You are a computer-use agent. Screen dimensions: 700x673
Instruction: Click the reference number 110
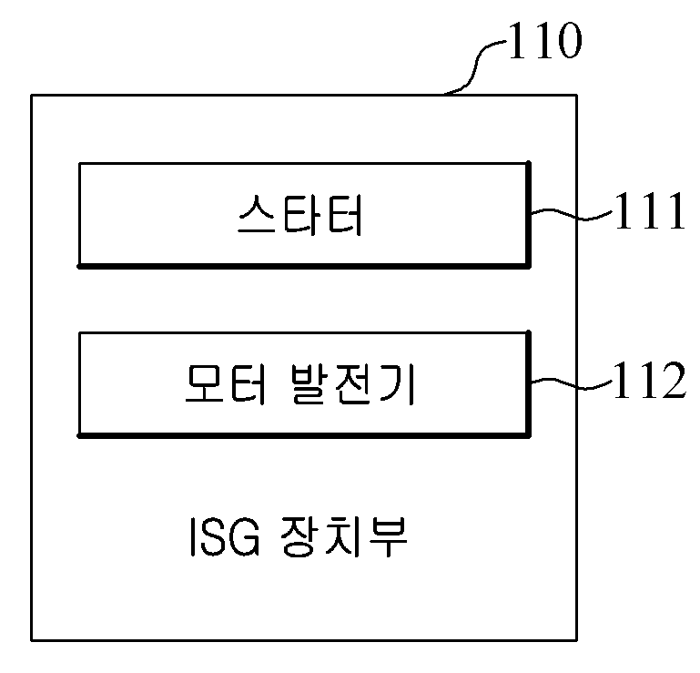coord(545,41)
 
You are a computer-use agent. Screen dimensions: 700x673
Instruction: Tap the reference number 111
coord(650,210)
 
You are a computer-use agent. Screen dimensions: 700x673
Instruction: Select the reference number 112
coord(650,380)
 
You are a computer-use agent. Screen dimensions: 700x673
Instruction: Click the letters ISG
coord(225,537)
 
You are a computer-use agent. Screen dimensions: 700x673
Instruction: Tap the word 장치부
coord(345,536)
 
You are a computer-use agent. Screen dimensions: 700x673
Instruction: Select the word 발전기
coord(353,384)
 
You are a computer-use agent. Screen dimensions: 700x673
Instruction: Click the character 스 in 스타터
coord(257,215)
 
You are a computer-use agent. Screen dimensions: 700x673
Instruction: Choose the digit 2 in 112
coord(672,380)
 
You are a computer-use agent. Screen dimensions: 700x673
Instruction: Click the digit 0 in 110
coord(567,41)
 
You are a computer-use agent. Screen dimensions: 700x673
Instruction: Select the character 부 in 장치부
coord(388,536)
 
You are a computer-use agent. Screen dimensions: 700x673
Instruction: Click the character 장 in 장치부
coord(300,536)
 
